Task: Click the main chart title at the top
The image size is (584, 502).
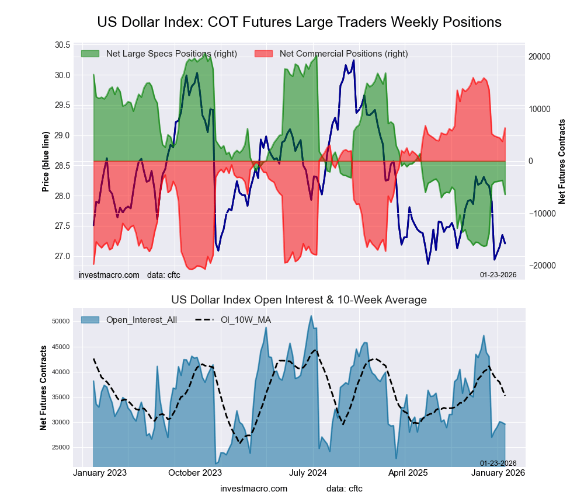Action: pos(299,22)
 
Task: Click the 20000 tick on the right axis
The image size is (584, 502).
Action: pos(540,57)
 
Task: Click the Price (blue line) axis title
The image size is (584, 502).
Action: pos(45,162)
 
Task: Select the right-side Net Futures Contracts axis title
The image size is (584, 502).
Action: pos(562,161)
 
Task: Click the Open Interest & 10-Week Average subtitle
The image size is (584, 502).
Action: pos(299,300)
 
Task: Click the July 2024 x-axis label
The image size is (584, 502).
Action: pos(308,473)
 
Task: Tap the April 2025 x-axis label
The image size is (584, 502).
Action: pos(405,473)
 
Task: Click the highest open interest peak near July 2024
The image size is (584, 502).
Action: pos(311,316)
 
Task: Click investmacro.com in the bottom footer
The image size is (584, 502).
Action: pos(254,488)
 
